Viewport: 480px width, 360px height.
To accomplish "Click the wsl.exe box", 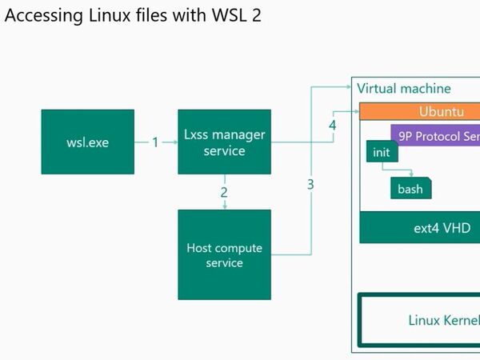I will (87, 142).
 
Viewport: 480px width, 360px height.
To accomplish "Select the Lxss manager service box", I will (224, 142).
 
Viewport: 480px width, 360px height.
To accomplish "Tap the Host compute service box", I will (224, 255).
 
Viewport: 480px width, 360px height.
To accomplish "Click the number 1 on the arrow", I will (156, 142).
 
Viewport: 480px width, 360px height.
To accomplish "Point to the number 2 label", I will (224, 192).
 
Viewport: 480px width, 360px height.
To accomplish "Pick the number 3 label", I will (310, 184).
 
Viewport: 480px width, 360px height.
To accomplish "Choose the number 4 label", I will (333, 126).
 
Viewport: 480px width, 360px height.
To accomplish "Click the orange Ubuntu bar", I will (419, 111).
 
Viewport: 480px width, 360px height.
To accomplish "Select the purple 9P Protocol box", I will (435, 135).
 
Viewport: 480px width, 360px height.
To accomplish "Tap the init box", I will (381, 151).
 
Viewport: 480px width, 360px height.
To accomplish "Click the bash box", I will (410, 189).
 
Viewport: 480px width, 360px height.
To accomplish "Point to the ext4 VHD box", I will (419, 227).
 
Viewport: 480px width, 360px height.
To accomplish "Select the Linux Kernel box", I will (419, 320).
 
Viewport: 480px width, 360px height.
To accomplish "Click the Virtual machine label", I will (404, 89).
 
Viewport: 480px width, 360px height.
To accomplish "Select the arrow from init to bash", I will (396, 170).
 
